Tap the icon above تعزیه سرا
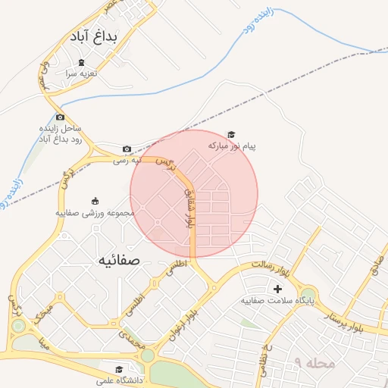[81, 62]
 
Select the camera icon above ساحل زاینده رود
[60, 117]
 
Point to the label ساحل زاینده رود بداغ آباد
[61, 134]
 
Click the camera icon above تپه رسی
[127, 149]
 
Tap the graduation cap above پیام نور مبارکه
[231, 134]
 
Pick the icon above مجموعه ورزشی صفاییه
[95, 201]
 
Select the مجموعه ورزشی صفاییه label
[94, 213]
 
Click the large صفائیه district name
[119, 260]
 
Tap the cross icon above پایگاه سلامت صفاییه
[277, 289]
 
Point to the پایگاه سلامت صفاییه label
[277, 301]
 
